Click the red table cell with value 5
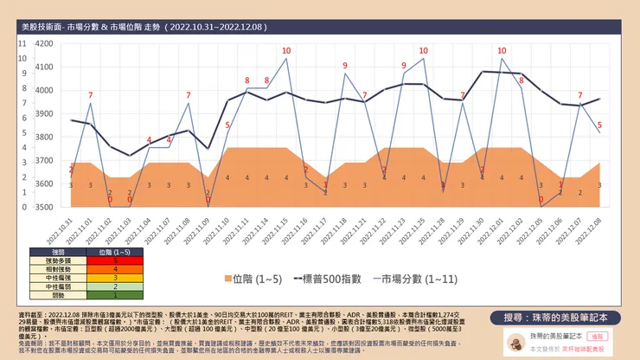pos(102,260)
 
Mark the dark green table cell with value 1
pos(102,295)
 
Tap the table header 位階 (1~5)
pos(102,251)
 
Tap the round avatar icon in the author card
pos(514,342)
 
